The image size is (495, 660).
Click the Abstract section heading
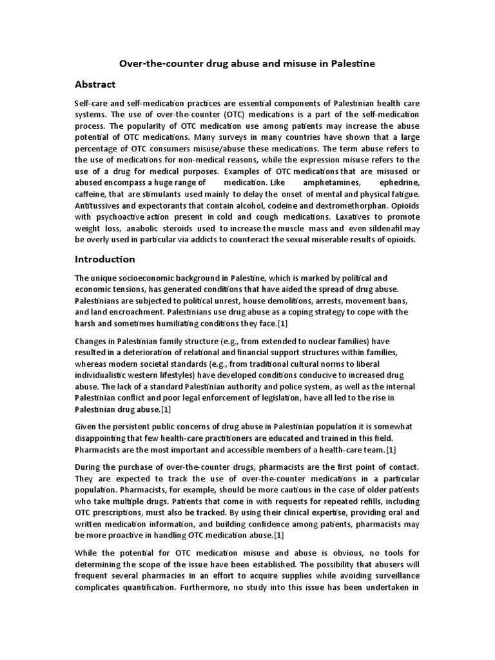(95, 84)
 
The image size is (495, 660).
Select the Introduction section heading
(105, 259)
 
